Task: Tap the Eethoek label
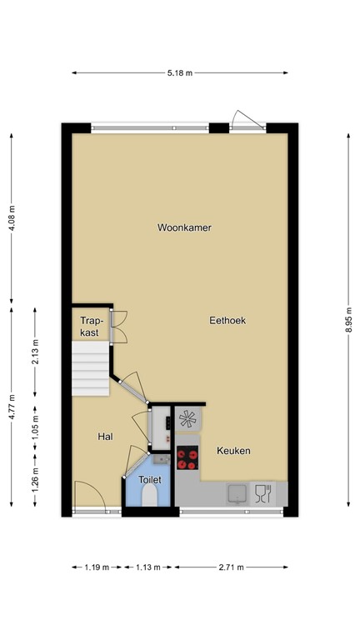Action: (227, 320)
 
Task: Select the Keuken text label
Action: (233, 451)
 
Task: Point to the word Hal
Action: (105, 437)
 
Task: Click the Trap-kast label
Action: (90, 326)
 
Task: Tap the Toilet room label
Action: (150, 480)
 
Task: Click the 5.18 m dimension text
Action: (180, 73)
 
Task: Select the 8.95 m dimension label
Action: (348, 319)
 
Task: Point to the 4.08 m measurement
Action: (12, 218)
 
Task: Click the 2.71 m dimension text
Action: (231, 567)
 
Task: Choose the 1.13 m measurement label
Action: (147, 567)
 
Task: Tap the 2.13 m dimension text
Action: (35, 352)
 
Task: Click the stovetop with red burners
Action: (187, 457)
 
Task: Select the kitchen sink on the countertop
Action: (237, 493)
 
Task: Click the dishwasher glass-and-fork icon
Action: (263, 493)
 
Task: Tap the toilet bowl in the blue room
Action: (149, 497)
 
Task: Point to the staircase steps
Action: (91, 368)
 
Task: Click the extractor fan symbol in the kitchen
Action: (187, 419)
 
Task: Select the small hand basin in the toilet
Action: (162, 460)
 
